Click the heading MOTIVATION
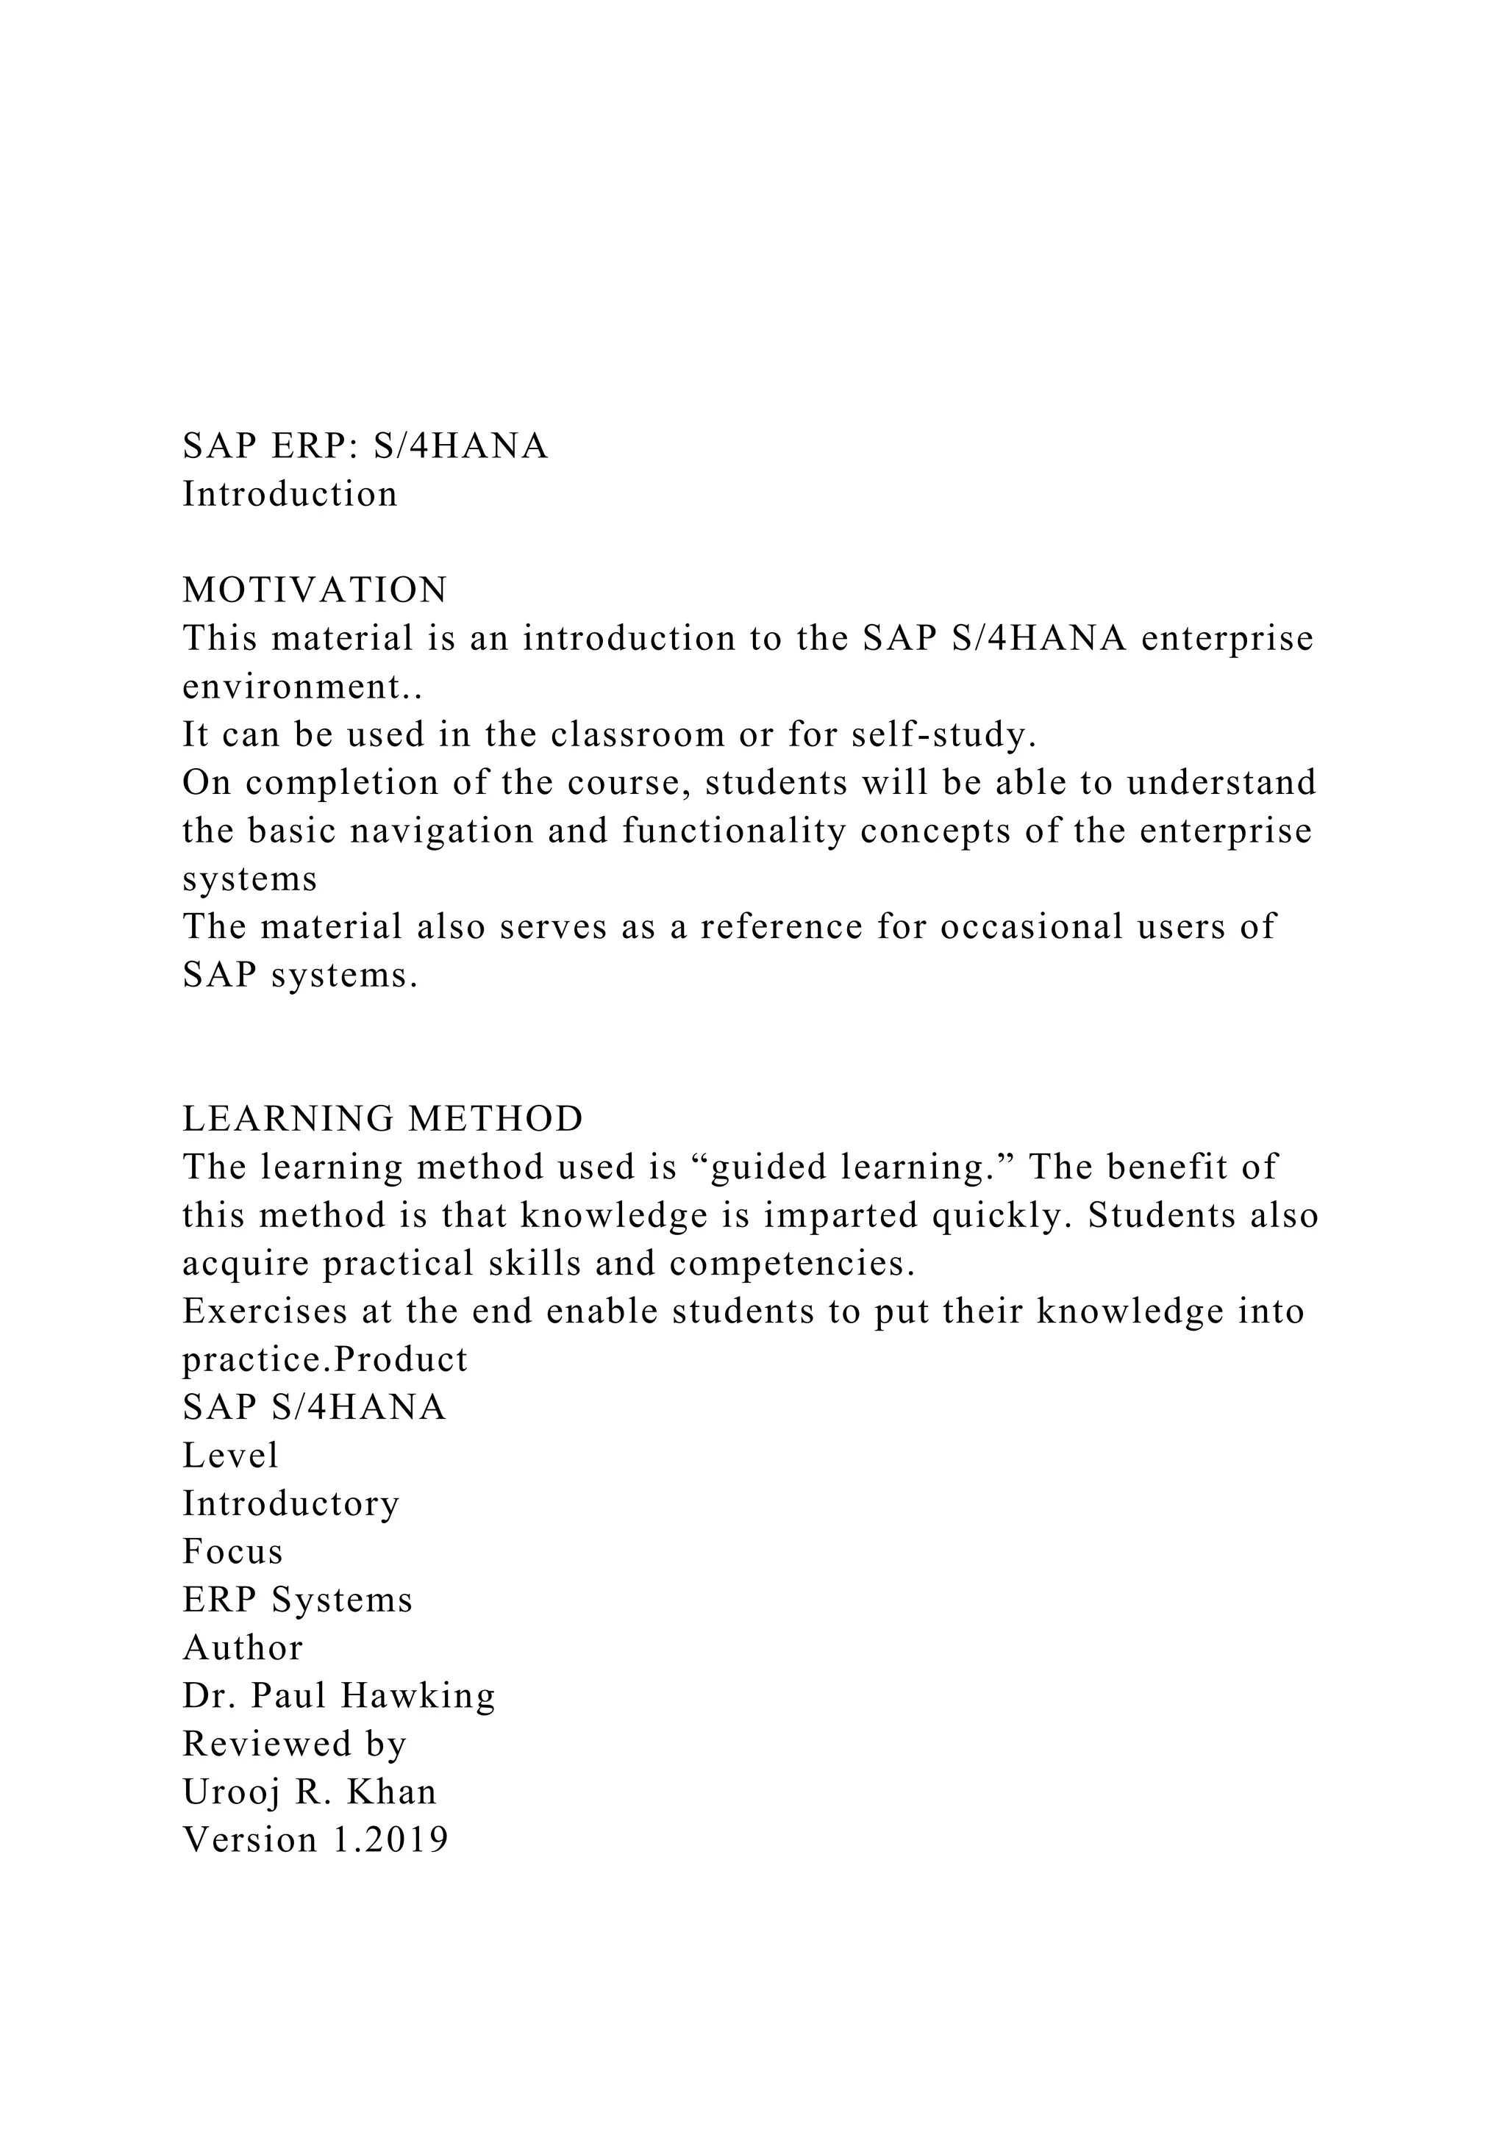315,590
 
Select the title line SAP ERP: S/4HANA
365,446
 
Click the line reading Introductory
291,1504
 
